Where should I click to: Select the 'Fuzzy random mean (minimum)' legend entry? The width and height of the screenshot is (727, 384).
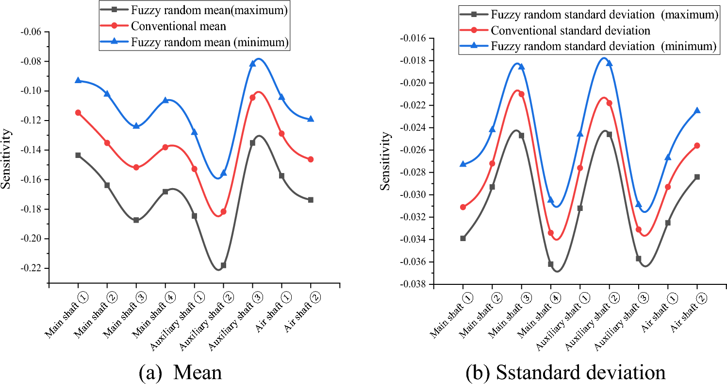point(210,42)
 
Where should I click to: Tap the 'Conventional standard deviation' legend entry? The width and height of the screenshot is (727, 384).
point(570,31)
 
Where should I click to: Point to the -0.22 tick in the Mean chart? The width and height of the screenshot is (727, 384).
point(33,268)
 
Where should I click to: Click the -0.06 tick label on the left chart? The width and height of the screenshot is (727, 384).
point(33,32)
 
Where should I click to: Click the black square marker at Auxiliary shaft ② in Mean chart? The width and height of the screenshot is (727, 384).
point(223,265)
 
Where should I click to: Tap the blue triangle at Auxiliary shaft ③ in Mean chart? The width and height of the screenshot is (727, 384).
point(252,64)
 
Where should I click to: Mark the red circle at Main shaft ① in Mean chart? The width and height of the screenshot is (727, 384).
point(78,113)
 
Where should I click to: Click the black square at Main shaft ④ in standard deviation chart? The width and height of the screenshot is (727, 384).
point(551,264)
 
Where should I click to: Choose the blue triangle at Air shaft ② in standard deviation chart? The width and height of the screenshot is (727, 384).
point(697,111)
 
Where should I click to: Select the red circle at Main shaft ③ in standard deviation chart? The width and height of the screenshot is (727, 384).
point(522,94)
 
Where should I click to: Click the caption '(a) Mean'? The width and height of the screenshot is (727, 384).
point(180,372)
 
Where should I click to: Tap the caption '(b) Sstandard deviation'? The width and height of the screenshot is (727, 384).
point(565,372)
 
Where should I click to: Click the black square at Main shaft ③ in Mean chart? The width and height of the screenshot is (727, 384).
point(136,220)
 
